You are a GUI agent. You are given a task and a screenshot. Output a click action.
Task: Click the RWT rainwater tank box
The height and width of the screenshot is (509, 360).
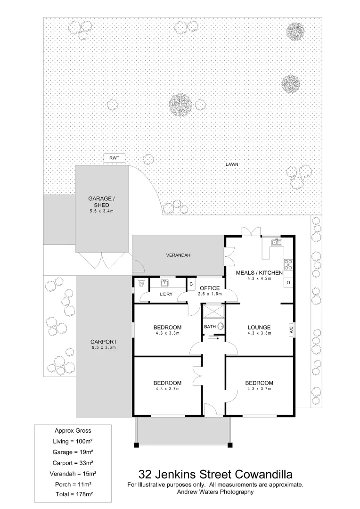(x=114, y=158)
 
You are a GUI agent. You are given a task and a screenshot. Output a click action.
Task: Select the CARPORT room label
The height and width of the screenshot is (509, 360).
(x=103, y=342)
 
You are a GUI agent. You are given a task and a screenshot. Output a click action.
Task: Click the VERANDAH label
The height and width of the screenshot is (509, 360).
(x=178, y=255)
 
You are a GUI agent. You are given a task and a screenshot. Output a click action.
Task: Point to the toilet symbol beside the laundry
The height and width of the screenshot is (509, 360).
(x=140, y=283)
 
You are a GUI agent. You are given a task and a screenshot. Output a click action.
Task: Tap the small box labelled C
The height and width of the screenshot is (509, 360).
(x=191, y=284)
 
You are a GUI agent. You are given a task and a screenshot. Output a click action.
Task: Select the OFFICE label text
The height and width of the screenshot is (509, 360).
(x=210, y=288)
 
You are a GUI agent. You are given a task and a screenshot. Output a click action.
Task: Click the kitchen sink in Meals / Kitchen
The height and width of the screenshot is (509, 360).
(x=277, y=243)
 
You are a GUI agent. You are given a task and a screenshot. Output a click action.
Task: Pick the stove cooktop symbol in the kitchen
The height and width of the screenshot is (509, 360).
(x=288, y=265)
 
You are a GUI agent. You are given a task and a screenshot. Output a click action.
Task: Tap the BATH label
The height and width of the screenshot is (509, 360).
(x=210, y=327)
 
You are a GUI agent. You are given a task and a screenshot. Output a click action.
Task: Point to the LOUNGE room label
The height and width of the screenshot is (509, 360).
(x=259, y=327)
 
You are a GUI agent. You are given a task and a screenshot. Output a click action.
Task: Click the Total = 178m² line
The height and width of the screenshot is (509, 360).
(x=73, y=494)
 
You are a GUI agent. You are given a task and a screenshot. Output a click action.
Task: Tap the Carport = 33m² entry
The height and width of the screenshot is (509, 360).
(x=73, y=462)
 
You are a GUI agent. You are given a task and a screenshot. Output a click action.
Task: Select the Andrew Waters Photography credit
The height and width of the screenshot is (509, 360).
(x=215, y=492)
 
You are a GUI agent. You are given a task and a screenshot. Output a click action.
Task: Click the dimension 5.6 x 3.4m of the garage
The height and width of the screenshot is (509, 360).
(x=102, y=211)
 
